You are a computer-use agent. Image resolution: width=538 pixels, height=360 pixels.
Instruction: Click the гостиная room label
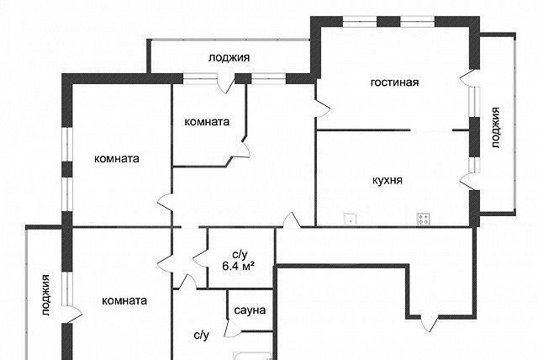click(x=394, y=82)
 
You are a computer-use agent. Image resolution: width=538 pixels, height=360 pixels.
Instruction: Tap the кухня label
click(x=388, y=181)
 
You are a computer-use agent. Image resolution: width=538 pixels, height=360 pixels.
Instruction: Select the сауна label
click(x=250, y=310)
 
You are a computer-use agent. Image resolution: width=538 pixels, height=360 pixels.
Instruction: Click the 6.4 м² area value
click(x=239, y=266)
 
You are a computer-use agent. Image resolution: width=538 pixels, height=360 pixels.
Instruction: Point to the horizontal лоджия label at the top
click(x=229, y=57)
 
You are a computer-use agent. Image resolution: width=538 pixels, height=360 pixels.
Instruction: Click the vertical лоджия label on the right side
click(x=495, y=128)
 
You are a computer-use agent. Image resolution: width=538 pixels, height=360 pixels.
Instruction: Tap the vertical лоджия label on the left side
click(x=45, y=295)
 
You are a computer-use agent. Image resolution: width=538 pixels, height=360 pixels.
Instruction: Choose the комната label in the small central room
click(x=207, y=122)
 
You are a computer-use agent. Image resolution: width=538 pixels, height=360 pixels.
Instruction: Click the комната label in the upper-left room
click(x=117, y=158)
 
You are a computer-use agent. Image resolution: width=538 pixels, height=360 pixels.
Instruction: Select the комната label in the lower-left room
click(x=124, y=300)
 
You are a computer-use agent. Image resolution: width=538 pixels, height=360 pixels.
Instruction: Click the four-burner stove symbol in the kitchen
click(x=423, y=219)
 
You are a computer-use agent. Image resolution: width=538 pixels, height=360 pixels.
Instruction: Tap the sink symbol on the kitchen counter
click(x=351, y=220)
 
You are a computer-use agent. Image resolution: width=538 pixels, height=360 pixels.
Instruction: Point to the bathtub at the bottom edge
click(x=253, y=356)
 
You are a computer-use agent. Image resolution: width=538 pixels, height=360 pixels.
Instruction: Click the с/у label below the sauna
click(x=202, y=336)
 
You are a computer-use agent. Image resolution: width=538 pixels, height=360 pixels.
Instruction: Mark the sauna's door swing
click(x=230, y=328)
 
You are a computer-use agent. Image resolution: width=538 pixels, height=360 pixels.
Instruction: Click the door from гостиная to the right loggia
click(x=467, y=77)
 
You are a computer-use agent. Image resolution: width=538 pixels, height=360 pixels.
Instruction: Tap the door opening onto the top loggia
click(x=225, y=83)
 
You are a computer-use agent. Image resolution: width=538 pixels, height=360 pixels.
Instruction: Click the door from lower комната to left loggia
click(x=73, y=314)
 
